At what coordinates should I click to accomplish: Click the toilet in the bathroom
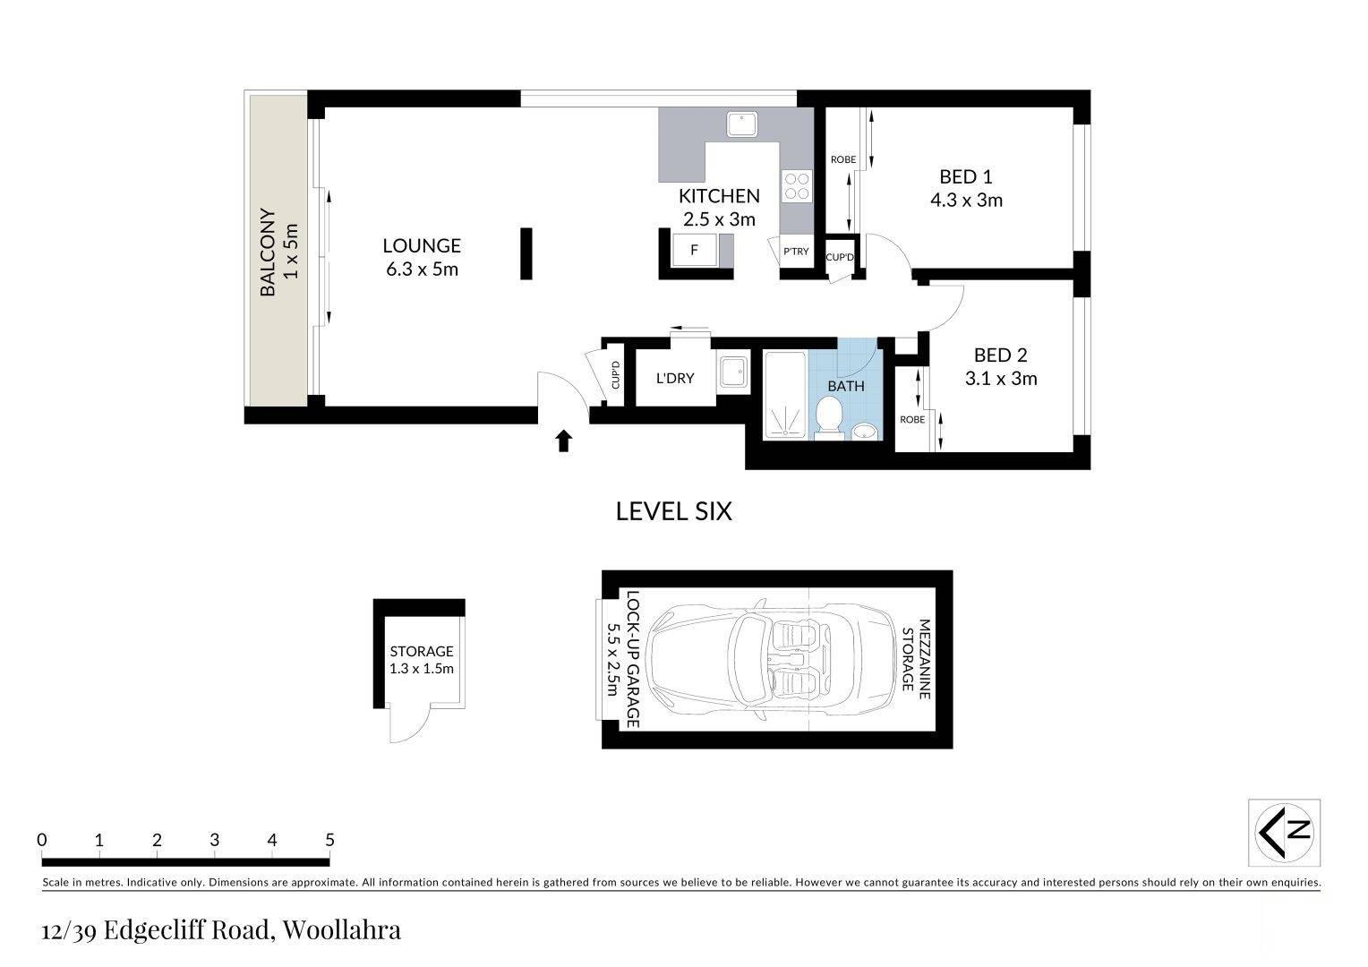tap(829, 418)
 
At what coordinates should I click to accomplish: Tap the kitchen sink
tap(742, 124)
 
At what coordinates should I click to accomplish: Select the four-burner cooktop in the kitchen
tap(797, 186)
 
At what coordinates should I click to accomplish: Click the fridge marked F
tap(695, 250)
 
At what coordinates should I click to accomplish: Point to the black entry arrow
tap(564, 441)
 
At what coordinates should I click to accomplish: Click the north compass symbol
tap(1284, 832)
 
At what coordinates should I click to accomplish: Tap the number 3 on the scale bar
tap(214, 840)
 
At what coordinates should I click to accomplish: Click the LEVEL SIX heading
tap(673, 511)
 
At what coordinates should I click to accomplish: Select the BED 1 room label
tap(965, 177)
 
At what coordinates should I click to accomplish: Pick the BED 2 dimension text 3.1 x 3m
tap(1001, 379)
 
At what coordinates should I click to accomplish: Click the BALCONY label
tap(268, 252)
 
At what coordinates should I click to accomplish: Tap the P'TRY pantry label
tap(797, 251)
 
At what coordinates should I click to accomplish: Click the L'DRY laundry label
tap(675, 379)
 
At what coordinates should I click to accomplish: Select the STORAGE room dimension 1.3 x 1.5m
tap(422, 669)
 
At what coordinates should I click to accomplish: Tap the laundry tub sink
tap(733, 372)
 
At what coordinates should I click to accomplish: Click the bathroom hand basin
tap(865, 432)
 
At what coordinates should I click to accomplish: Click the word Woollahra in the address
tap(341, 929)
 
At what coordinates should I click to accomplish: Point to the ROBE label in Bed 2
tap(912, 420)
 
